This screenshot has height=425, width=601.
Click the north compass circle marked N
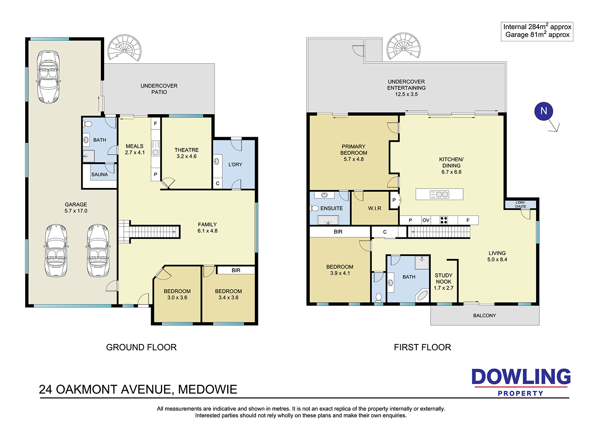(x=544, y=111)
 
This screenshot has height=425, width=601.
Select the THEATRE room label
(x=186, y=150)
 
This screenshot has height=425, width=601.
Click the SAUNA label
(x=99, y=174)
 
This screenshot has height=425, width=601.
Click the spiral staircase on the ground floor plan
(x=125, y=48)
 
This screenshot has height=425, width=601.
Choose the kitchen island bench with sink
(x=439, y=194)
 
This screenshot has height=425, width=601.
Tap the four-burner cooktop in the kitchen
(x=444, y=220)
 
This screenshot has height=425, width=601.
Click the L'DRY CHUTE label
(x=520, y=204)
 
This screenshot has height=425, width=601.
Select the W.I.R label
(x=375, y=208)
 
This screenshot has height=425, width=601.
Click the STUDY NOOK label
(x=444, y=278)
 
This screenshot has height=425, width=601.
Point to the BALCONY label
(x=484, y=316)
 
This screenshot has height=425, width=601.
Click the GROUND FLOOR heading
(x=141, y=347)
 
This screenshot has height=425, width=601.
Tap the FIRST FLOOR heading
(x=422, y=347)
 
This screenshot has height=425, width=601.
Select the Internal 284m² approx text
(x=537, y=27)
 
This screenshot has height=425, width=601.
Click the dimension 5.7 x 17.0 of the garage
(x=76, y=211)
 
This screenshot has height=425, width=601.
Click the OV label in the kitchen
(x=426, y=220)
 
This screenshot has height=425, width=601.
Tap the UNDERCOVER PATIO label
(x=159, y=89)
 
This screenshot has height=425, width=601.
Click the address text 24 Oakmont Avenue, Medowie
(x=138, y=389)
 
